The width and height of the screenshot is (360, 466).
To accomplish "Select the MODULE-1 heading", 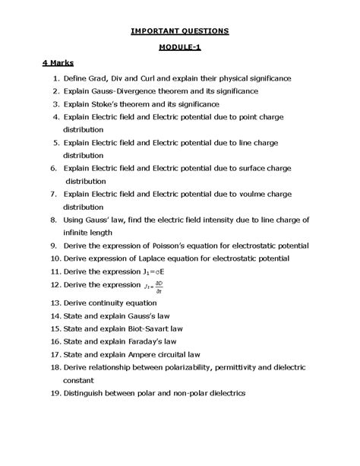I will click(179, 46).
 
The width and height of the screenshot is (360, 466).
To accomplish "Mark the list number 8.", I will click(54, 220).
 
